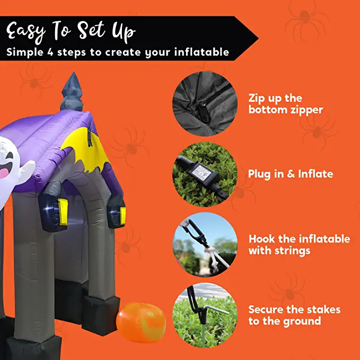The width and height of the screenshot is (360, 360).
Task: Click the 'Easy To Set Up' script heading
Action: click(71, 32)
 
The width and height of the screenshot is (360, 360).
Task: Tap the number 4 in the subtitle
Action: click(50, 52)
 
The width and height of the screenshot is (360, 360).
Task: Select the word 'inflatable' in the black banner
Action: click(201, 52)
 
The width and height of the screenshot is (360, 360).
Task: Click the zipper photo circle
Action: click(205, 104)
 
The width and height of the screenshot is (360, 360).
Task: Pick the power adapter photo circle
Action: click(205, 174)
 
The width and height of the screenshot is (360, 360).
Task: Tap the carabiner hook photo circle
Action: click(205, 245)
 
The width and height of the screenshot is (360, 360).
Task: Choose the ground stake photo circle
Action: click(205, 315)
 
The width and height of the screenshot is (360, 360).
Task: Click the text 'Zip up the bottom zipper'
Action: click(286, 104)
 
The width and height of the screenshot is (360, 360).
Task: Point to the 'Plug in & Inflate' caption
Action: click(291, 174)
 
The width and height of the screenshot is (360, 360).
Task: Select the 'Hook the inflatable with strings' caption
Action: click(299, 245)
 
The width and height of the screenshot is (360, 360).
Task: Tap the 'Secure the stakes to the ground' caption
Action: click(294, 315)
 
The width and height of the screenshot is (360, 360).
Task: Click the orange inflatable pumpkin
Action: click(141, 322)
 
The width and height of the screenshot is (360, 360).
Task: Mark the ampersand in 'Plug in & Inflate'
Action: click(291, 174)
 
